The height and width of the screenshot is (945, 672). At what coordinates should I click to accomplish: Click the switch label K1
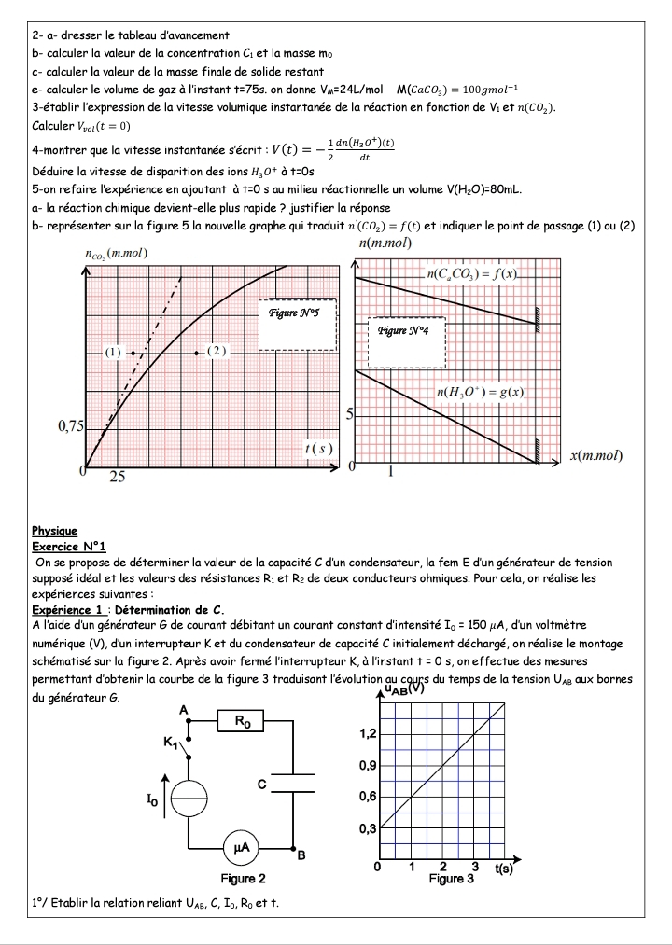pyautogui.click(x=168, y=743)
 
